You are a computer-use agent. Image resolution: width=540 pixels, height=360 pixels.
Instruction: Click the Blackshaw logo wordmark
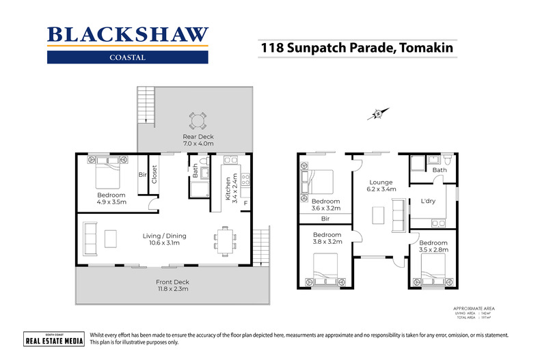[x=128, y=35]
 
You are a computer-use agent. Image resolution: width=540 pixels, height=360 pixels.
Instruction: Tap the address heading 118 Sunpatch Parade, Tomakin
[x=356, y=49]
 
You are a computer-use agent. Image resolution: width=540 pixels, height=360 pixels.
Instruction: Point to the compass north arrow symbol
[x=377, y=113]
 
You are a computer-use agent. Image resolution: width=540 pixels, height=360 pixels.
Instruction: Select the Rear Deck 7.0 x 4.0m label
[x=198, y=140]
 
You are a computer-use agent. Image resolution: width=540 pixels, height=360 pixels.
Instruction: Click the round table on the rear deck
[x=197, y=122]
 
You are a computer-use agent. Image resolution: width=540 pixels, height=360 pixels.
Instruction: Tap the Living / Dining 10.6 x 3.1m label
[x=164, y=240]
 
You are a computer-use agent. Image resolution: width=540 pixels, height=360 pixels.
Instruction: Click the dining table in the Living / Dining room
[x=224, y=240]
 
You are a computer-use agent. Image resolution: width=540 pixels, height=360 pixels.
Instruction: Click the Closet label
[x=154, y=175]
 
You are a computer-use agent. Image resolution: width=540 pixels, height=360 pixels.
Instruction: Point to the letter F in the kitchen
[x=245, y=203]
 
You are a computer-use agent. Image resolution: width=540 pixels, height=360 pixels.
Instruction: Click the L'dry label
[x=429, y=202]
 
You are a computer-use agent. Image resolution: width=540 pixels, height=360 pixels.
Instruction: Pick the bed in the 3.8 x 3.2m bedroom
[x=325, y=269]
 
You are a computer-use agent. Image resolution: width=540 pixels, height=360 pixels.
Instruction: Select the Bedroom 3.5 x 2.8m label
[x=433, y=247]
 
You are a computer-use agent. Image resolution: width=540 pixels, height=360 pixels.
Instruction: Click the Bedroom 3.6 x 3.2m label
[x=325, y=205]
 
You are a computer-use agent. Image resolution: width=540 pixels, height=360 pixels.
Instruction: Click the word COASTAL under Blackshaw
[x=127, y=57]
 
